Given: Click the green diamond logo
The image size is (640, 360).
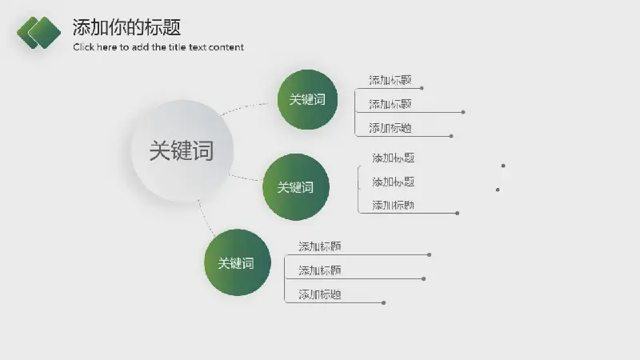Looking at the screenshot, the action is [x=38, y=33].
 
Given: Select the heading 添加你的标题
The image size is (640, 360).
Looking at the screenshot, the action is [x=126, y=27].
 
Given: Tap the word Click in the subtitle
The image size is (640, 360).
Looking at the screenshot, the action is [x=83, y=47].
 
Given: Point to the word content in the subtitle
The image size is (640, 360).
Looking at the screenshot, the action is [x=226, y=47].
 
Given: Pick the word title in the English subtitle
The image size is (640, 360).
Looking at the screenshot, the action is [x=177, y=47].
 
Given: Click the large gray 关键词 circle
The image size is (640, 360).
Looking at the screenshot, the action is [x=182, y=150].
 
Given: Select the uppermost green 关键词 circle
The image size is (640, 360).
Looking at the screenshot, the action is [x=307, y=99].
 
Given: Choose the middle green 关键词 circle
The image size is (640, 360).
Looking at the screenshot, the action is [x=295, y=187].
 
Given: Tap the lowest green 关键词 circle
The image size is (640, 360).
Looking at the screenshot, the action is [x=237, y=262].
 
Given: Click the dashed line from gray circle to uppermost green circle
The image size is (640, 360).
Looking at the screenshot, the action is [x=244, y=107].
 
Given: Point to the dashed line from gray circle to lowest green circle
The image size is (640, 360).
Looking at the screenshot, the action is [x=206, y=218].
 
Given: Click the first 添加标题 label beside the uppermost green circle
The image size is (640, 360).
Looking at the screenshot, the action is [x=390, y=80].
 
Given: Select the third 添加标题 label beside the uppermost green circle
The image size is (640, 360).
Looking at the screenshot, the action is [x=390, y=128].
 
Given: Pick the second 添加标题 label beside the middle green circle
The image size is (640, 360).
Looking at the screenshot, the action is [x=393, y=182].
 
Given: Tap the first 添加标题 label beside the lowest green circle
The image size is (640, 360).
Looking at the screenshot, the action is [x=319, y=246].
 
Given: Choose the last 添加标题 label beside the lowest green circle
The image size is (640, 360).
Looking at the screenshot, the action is [x=319, y=294].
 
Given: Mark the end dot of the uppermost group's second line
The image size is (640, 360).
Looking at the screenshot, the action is [x=463, y=112].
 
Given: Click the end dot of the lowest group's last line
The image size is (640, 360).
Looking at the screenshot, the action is [x=384, y=303].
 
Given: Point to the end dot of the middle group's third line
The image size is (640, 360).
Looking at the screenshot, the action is [x=457, y=213].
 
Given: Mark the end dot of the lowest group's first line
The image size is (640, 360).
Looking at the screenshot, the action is [x=429, y=254].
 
